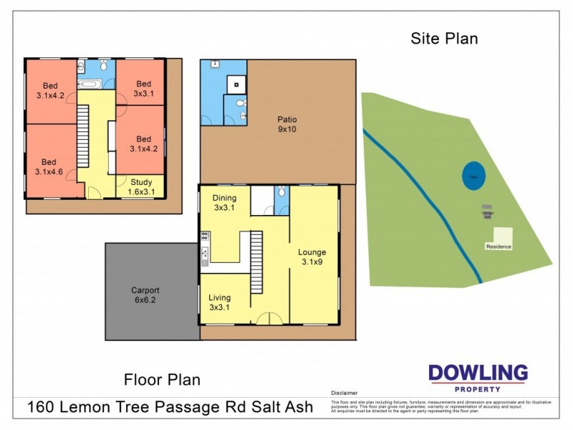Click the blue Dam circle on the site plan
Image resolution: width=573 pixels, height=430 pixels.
click(472, 176)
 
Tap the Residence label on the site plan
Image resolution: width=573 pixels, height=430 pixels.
click(499, 247)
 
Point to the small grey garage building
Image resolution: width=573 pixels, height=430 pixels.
click(487, 213)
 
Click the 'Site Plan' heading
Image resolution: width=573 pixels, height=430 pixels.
click(444, 39)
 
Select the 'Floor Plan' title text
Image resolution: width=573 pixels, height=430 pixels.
click(162, 379)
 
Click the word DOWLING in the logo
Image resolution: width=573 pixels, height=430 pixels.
click(478, 373)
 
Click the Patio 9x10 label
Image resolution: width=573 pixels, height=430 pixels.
click(287, 125)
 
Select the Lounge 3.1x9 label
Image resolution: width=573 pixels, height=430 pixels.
click(312, 257)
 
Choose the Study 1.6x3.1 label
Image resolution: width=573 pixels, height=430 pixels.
click(140, 187)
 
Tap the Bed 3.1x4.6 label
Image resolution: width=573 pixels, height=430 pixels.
click(49, 166)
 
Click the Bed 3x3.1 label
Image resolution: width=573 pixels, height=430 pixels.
click(144, 88)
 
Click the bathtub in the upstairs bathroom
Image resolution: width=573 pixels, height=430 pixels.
click(90, 84)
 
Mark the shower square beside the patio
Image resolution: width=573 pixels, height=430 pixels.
click(235, 84)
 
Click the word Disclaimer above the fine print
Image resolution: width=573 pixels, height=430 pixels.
click(344, 393)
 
